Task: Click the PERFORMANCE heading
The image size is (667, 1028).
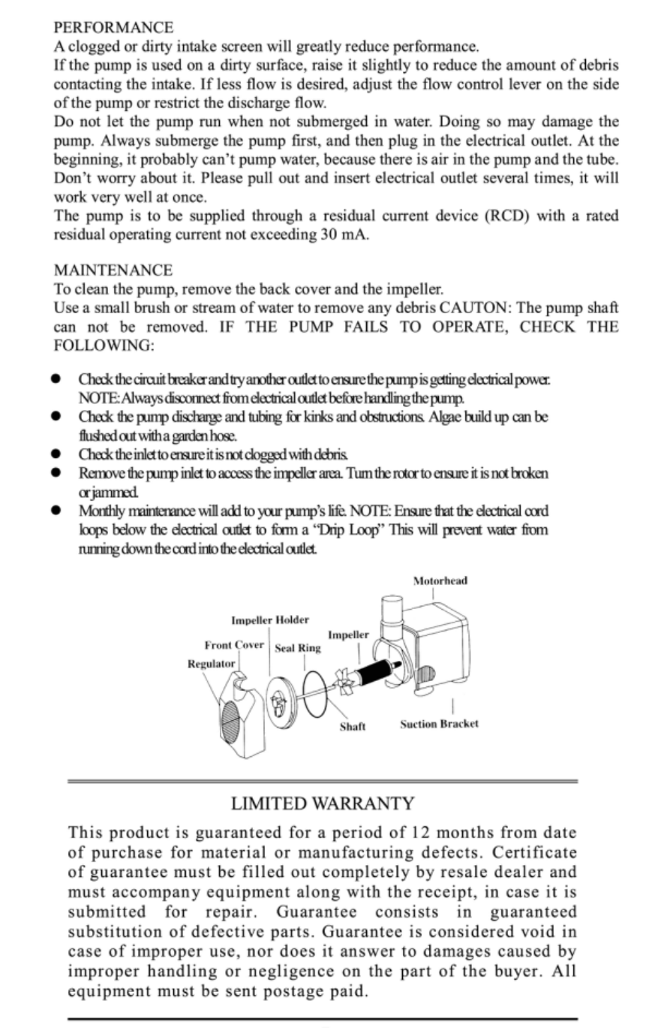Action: click(x=113, y=28)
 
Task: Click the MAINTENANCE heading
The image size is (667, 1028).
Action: click(x=113, y=270)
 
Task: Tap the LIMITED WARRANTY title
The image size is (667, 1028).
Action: click(x=323, y=804)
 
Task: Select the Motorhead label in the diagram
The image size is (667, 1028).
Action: click(x=440, y=581)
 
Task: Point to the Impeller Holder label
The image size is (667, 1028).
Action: click(x=270, y=620)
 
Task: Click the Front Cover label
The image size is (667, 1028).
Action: click(x=234, y=646)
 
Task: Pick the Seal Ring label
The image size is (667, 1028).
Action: click(x=298, y=649)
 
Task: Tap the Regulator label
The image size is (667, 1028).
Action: click(x=211, y=664)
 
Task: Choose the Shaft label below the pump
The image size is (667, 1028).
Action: click(x=353, y=728)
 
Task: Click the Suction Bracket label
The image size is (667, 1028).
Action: click(x=439, y=725)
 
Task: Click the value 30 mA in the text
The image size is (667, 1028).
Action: click(x=338, y=235)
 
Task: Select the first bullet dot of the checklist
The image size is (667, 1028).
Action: click(x=56, y=380)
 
